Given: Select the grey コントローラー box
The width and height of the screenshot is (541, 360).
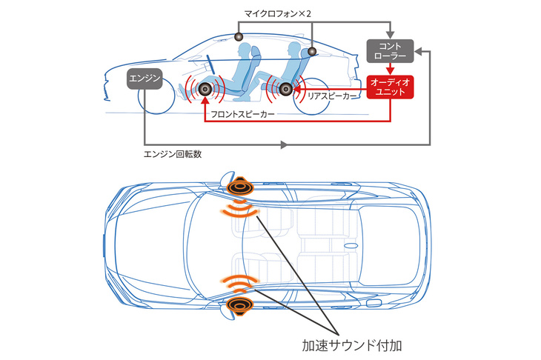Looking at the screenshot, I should tap(389, 50).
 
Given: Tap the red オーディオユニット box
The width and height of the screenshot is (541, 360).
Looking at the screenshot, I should tap(389, 87).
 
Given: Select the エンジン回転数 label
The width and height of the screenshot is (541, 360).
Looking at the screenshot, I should tap(172, 155).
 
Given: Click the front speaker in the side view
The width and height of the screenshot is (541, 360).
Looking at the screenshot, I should tap(205, 90).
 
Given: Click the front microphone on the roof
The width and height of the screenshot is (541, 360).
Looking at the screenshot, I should tap(239, 36).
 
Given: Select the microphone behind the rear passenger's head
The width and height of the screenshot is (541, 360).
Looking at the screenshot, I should tap(312, 51).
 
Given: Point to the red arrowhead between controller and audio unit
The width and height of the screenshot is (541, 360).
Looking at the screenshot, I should tap(389, 70).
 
